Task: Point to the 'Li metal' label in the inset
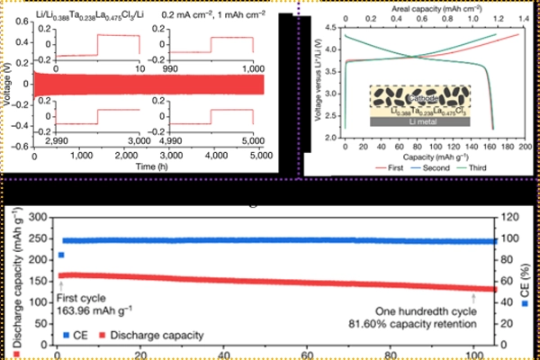point(422,121)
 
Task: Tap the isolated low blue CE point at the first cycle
point(60,256)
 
